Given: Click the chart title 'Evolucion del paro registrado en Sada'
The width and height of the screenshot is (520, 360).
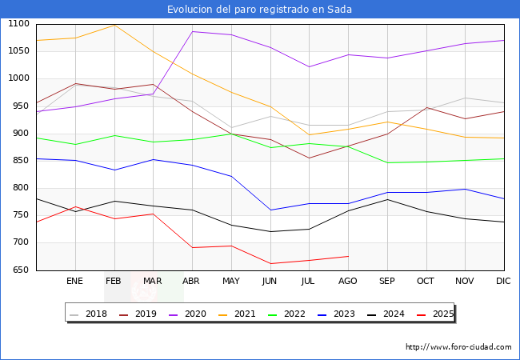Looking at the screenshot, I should point(259,10).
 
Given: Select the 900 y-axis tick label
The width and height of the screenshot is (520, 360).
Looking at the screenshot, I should point(18,134).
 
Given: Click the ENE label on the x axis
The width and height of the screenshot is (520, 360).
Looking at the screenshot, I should point(74,282).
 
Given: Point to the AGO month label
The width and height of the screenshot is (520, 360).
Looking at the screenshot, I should point(348,282).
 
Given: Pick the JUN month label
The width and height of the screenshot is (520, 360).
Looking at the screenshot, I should point(270,282).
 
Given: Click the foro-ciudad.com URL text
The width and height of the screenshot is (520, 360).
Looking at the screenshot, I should point(458,347).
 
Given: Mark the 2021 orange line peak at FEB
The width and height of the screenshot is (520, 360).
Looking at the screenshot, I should point(114,25).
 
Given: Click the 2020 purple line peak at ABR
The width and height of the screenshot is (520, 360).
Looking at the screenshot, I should point(192,31).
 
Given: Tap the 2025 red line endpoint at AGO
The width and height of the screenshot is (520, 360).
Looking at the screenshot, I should point(348,256).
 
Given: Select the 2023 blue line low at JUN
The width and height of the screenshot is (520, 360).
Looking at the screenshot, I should point(270,210).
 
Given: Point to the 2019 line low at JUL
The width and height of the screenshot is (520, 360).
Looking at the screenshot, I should point(309,158).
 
